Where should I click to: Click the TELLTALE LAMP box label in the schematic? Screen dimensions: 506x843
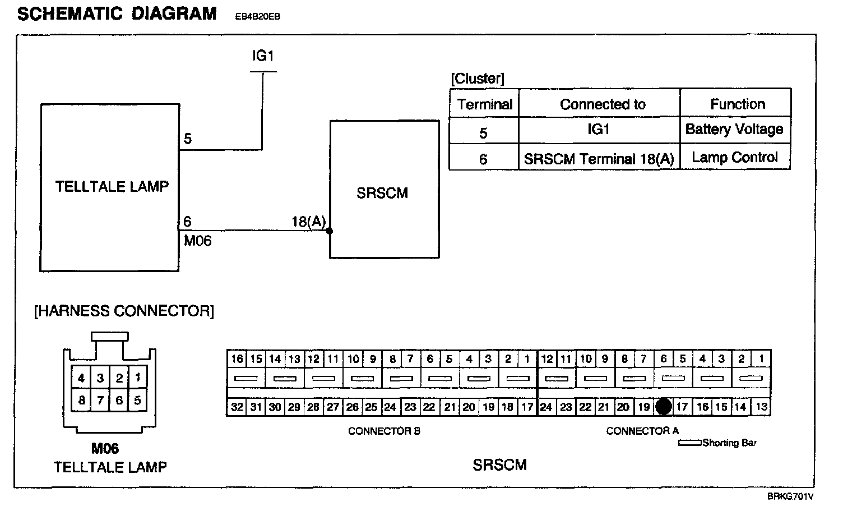point(112,187)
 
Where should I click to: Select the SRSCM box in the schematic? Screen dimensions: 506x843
point(383,190)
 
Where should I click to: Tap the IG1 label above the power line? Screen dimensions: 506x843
point(263,56)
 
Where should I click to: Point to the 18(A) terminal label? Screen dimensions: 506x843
point(308,222)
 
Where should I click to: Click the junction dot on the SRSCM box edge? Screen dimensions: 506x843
point(330,231)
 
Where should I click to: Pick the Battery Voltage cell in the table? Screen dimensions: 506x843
point(734,130)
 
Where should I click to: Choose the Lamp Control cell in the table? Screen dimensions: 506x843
point(734,158)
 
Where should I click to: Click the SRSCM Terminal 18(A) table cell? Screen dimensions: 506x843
point(599,159)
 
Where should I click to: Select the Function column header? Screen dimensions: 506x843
point(737,104)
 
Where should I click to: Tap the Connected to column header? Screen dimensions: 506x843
point(603,104)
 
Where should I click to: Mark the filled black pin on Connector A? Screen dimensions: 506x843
point(663,407)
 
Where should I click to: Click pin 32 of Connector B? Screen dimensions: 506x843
point(237,407)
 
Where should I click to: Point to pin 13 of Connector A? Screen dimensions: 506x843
point(761,407)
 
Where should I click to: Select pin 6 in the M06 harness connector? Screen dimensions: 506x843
point(119,401)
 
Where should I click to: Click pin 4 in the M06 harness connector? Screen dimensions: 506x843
point(81,378)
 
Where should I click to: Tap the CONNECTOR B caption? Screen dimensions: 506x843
point(384,431)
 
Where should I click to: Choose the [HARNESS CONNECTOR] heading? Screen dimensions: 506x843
point(124,311)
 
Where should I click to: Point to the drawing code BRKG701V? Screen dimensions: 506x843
point(790,496)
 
